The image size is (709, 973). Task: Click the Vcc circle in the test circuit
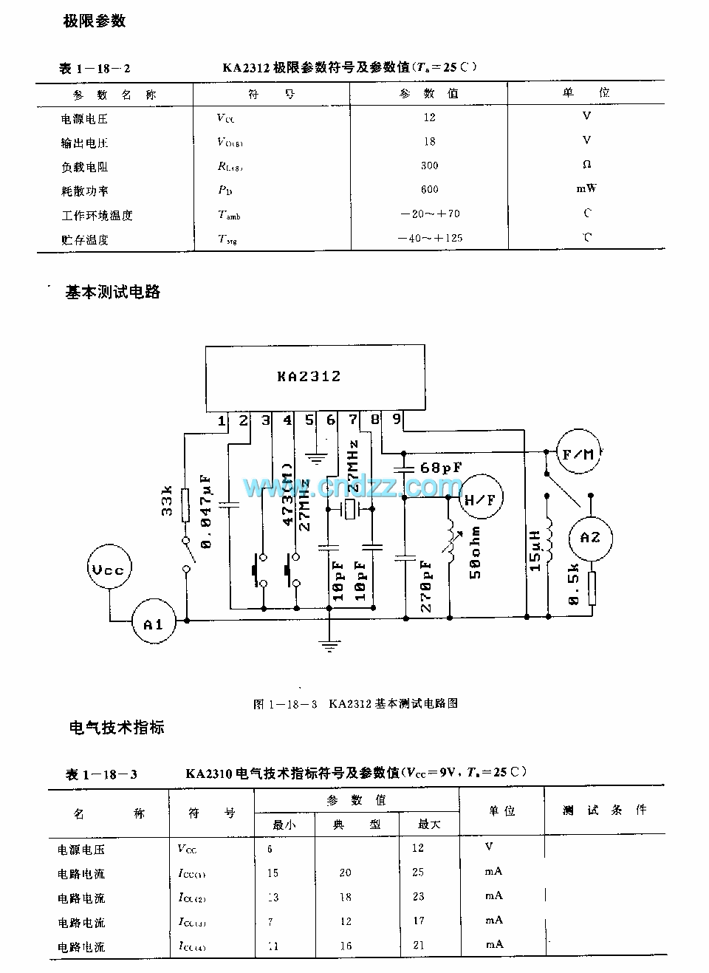(x=108, y=570)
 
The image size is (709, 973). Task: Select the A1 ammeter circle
(x=153, y=625)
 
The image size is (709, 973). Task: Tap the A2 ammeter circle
(x=589, y=537)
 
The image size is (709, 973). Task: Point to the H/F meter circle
(x=481, y=500)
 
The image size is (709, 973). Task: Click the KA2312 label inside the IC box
(x=309, y=376)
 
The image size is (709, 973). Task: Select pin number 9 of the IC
(x=397, y=420)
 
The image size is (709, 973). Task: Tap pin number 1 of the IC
(x=222, y=421)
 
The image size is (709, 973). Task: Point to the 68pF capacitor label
(x=440, y=468)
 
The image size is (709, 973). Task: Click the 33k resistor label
(x=167, y=500)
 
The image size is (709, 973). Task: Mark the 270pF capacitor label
(x=426, y=586)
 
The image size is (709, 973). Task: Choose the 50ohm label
(x=475, y=552)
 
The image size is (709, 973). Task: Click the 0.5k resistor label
(x=573, y=585)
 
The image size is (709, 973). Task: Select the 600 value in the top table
(x=429, y=190)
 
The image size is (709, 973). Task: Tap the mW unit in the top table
(x=586, y=188)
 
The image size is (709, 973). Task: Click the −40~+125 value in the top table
(x=429, y=239)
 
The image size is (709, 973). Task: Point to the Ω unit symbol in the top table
(x=587, y=164)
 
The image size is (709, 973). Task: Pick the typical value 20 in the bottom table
(x=345, y=873)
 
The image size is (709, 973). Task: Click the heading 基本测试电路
(x=112, y=292)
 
